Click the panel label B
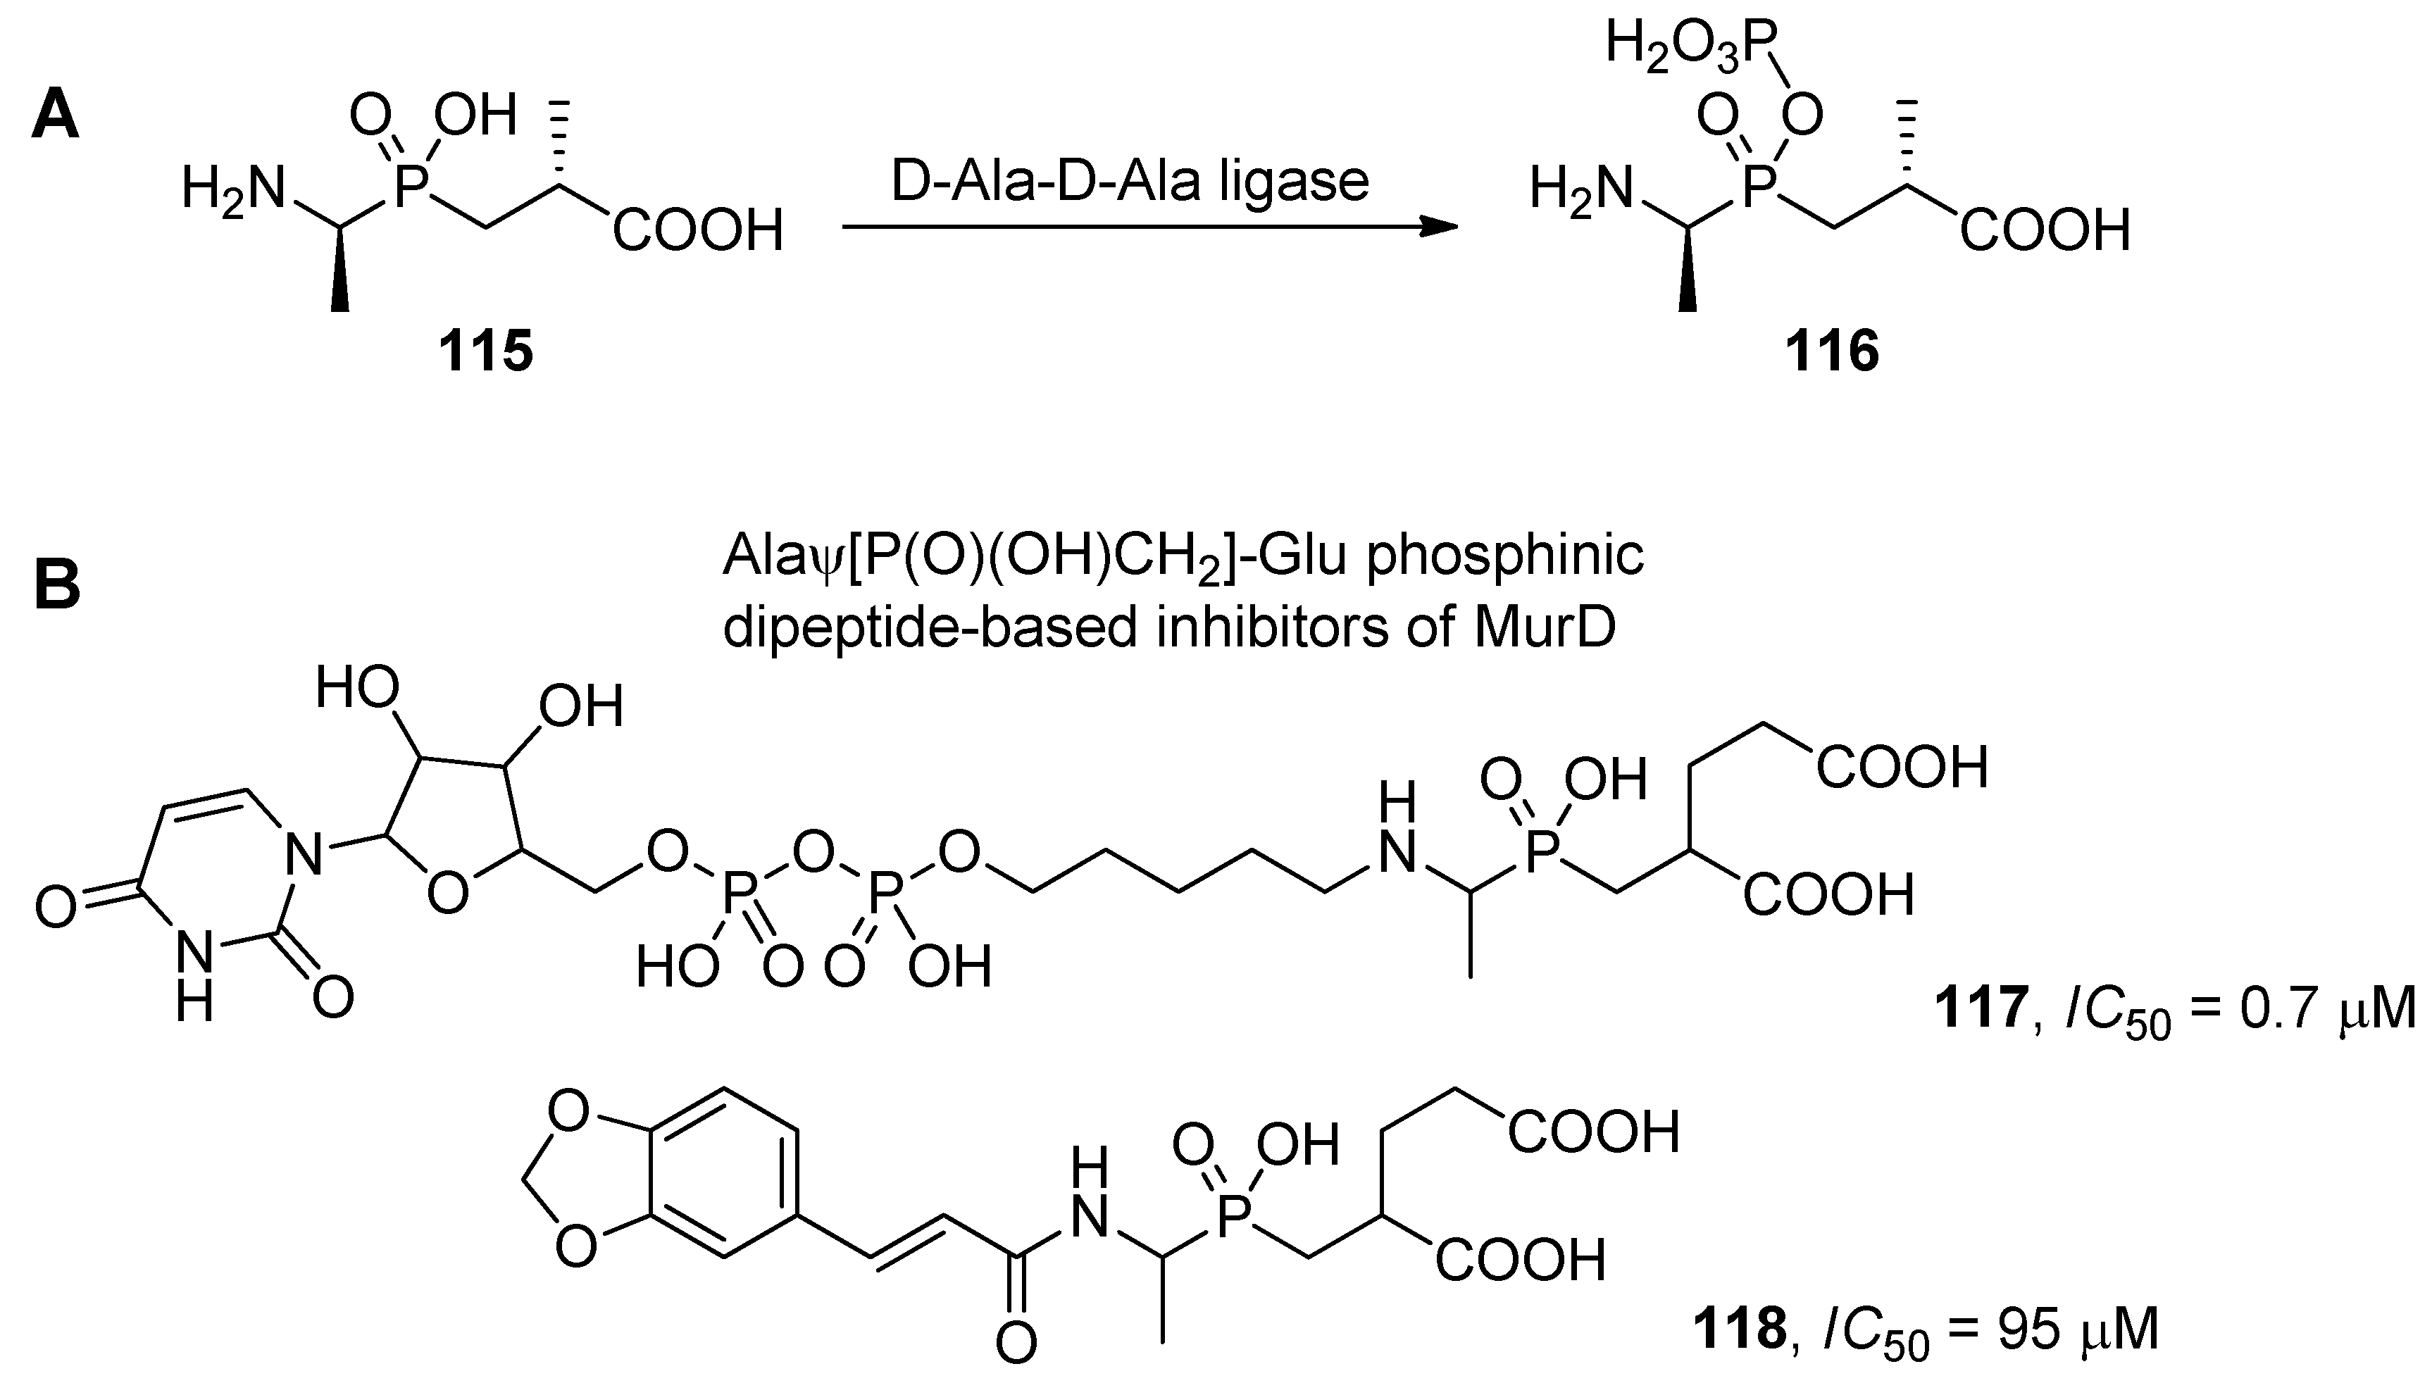[x=56, y=586]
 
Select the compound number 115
[x=485, y=352]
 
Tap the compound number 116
[x=1832, y=352]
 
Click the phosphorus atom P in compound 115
[x=411, y=188]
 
